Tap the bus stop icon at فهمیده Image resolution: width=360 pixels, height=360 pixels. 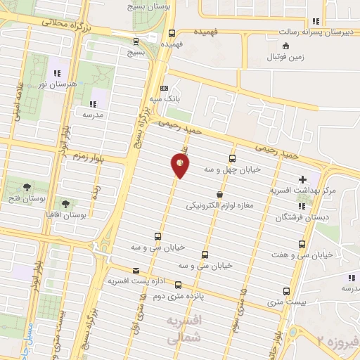172,32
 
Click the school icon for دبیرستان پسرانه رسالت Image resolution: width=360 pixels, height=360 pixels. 316,21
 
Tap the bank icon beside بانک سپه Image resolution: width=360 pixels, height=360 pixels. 165,89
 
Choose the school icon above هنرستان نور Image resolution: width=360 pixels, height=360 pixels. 57,73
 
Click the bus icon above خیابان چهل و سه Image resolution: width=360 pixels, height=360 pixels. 232,158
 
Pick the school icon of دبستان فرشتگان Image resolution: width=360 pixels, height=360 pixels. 302,207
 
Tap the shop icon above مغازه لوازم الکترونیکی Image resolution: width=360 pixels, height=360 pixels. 220,195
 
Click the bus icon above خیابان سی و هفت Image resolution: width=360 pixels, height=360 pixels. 302,244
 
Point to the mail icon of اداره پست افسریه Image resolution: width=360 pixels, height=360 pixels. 136,271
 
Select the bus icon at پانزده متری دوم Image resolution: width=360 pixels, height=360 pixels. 178,285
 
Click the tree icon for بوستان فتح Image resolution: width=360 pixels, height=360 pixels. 27,186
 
